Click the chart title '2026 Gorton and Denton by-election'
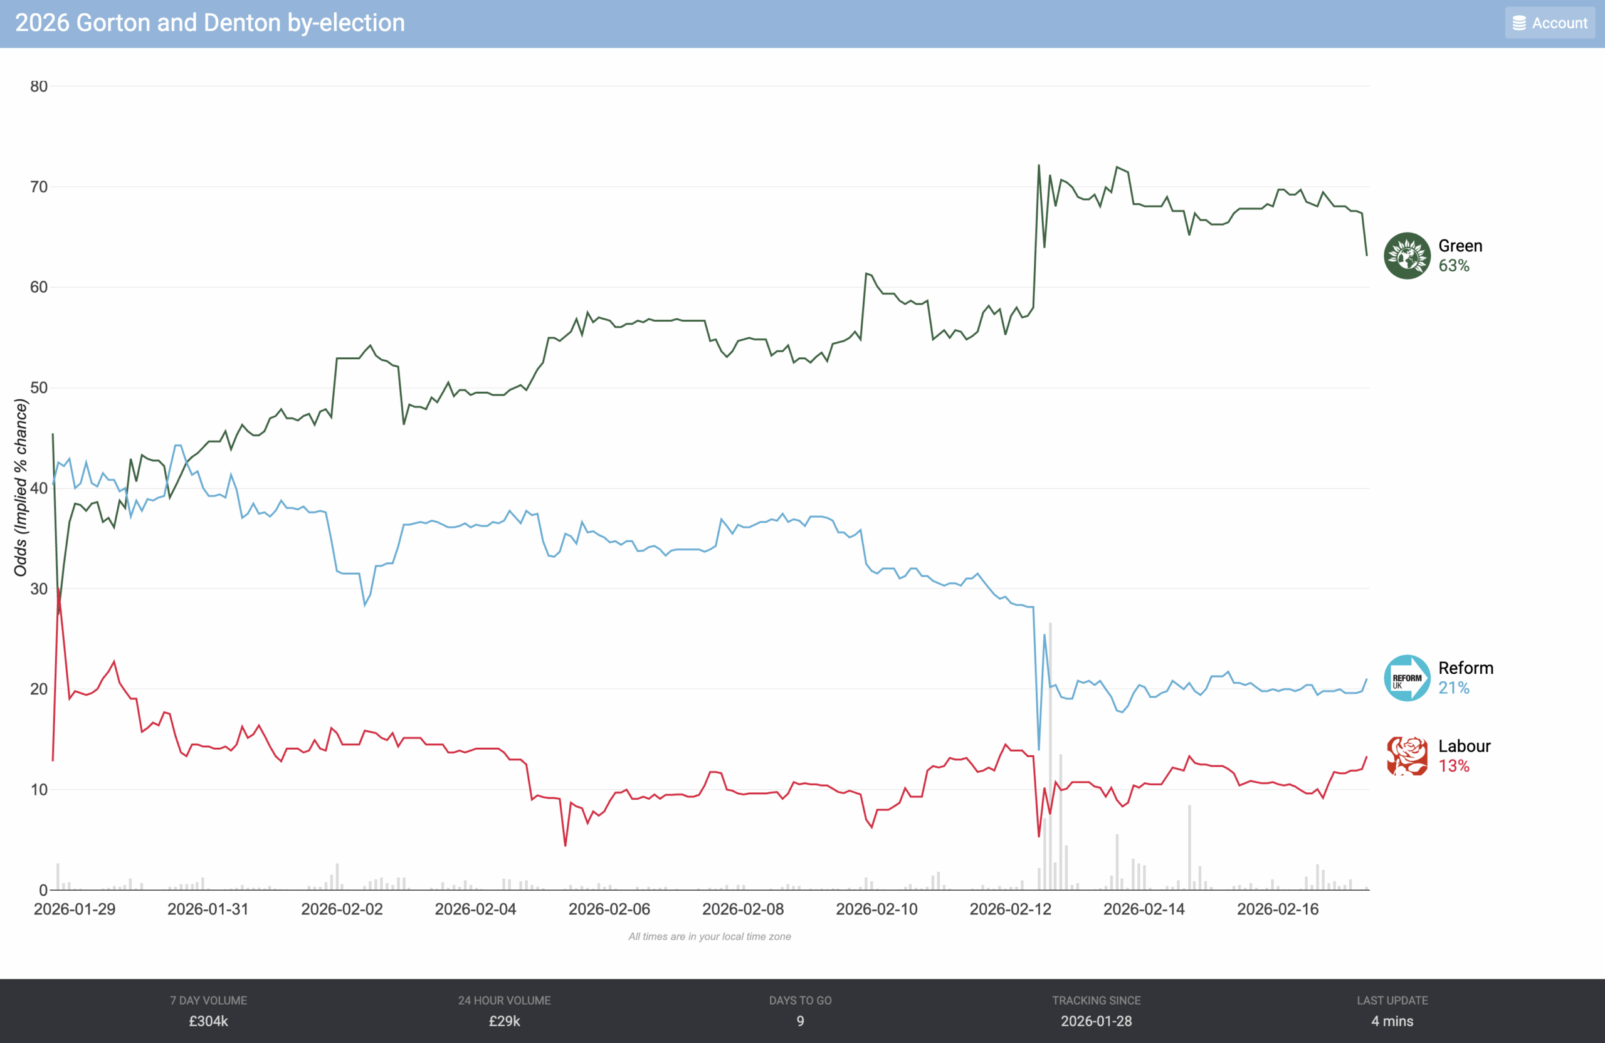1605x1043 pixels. (210, 23)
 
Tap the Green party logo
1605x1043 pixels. (1406, 256)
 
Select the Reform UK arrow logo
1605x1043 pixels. (1406, 678)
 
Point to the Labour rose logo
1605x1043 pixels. (1406, 756)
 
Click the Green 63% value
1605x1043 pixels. (1453, 266)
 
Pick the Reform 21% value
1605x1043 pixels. (1453, 688)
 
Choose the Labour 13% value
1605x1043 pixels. (1453, 766)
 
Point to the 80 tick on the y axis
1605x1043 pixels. (38, 86)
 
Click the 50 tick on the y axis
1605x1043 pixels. (38, 387)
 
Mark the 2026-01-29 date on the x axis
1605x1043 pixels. (74, 909)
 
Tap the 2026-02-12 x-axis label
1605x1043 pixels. (1010, 909)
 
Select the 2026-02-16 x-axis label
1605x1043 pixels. (1277, 909)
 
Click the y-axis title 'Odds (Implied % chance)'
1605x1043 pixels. (21, 488)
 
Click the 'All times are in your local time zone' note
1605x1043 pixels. (710, 936)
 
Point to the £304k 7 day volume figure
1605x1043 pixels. (208, 1021)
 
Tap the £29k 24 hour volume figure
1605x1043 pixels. (505, 1021)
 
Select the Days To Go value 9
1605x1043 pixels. (801, 1021)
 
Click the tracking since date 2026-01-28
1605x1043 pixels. (1096, 1021)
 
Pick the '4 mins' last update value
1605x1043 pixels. (1392, 1021)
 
